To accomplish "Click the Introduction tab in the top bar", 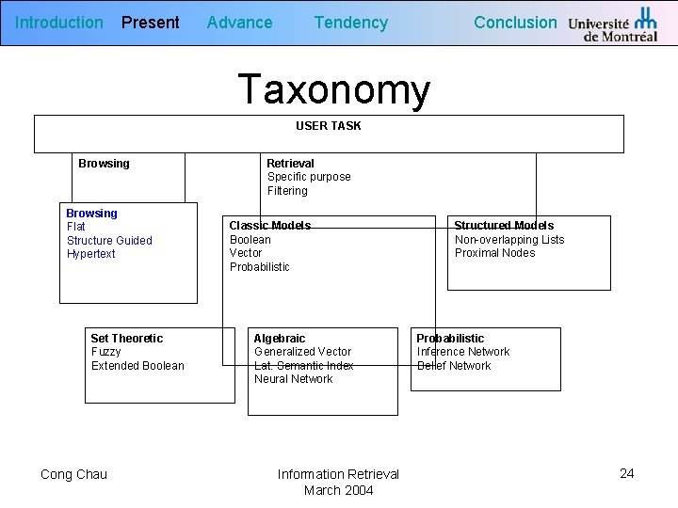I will (x=59, y=23).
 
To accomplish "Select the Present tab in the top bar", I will (x=150, y=23).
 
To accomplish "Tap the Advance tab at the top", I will (x=239, y=23).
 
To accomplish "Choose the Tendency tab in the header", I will (x=350, y=23).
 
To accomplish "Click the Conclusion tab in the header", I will (x=515, y=23).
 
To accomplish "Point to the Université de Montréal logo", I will (x=613, y=24).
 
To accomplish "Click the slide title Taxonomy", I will (x=334, y=89).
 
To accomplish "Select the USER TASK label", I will (x=329, y=125).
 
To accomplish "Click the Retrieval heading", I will (x=290, y=164).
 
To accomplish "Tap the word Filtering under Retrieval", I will (x=287, y=191).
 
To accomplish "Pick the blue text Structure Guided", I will (x=109, y=241).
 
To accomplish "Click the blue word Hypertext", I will (x=91, y=254).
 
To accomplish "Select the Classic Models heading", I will (x=270, y=226).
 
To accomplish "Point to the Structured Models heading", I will (x=504, y=226).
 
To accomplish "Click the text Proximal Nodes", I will (x=494, y=253).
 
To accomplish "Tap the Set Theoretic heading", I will (x=126, y=339).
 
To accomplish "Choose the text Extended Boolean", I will (x=137, y=366).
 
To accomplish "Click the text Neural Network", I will (x=293, y=379).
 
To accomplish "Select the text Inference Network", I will (x=463, y=352).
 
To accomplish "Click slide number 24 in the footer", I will (x=627, y=473).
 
